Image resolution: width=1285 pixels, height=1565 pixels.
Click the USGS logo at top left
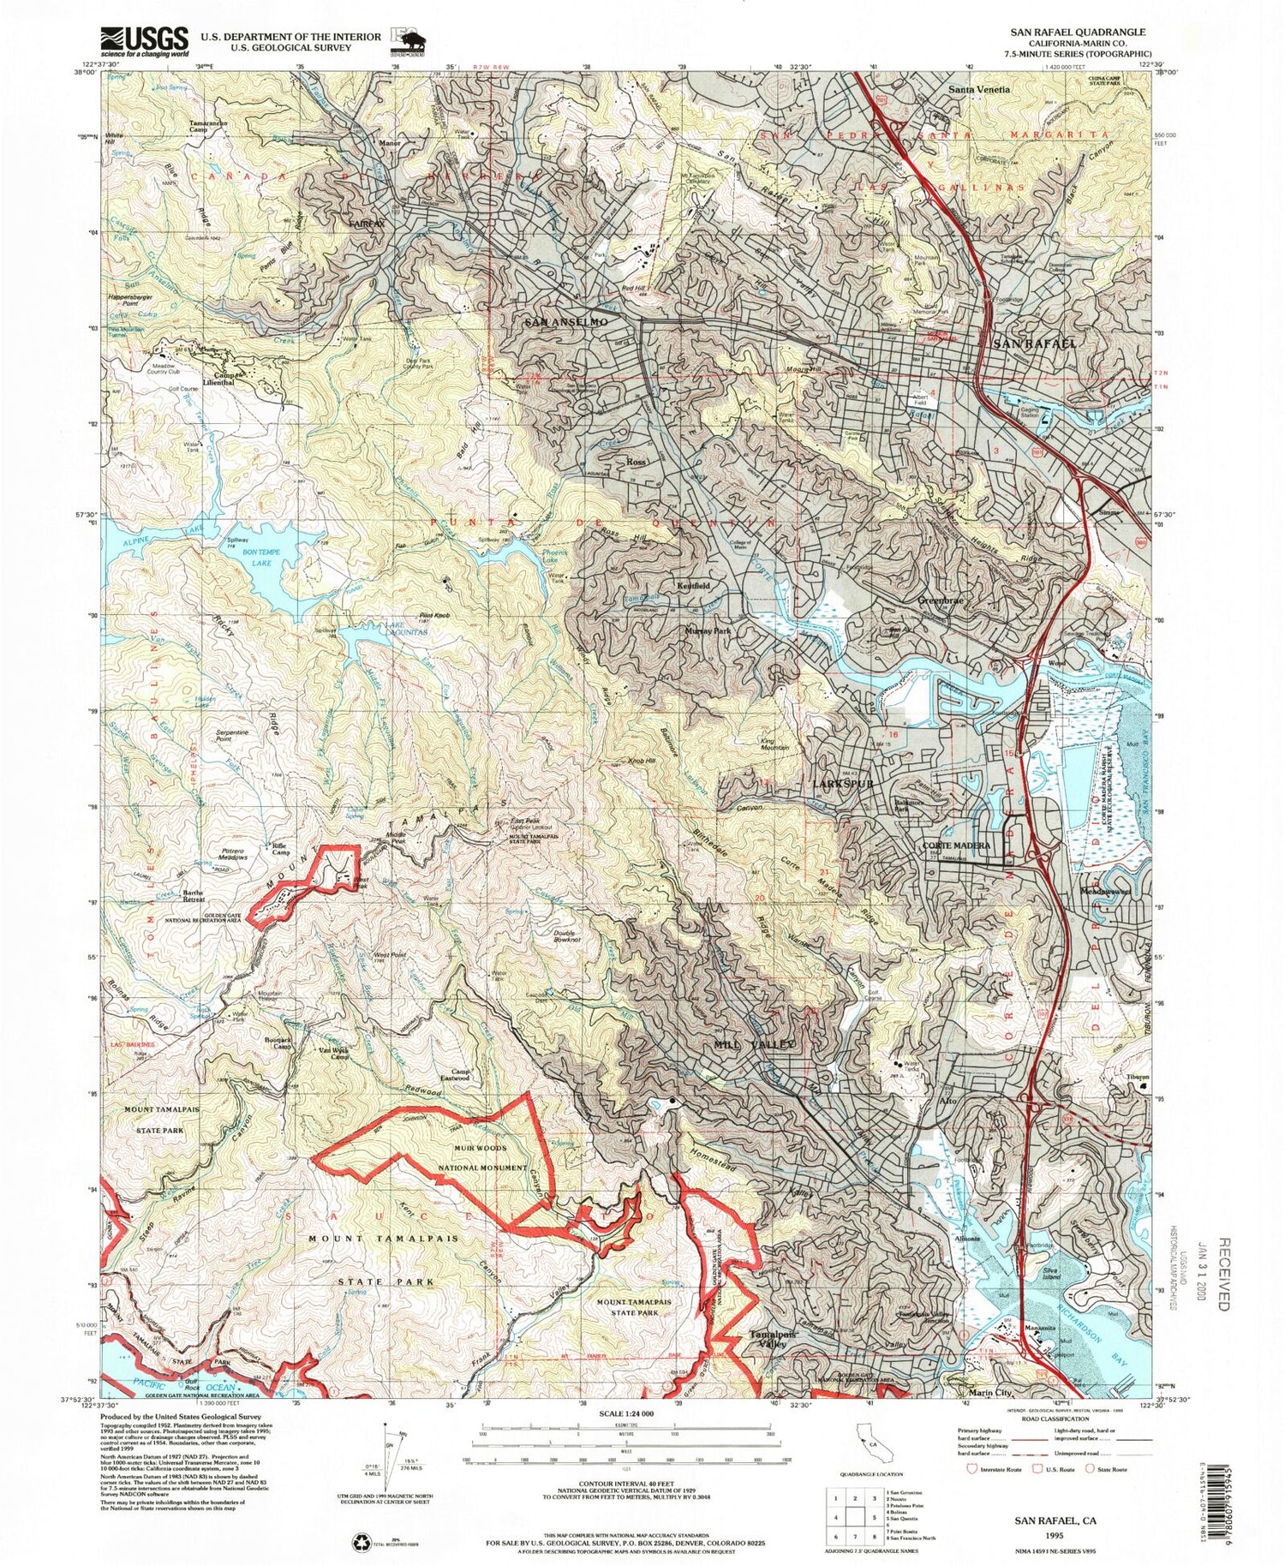(145, 40)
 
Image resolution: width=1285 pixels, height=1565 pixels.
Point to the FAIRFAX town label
(367, 224)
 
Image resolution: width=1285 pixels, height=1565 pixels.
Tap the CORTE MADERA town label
(956, 845)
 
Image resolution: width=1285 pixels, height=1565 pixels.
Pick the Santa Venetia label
(978, 89)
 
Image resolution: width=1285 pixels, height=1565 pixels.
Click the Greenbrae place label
(941, 600)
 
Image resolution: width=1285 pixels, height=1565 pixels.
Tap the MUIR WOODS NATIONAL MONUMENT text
(482, 1157)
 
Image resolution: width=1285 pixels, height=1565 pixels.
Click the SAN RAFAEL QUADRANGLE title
(1077, 32)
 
